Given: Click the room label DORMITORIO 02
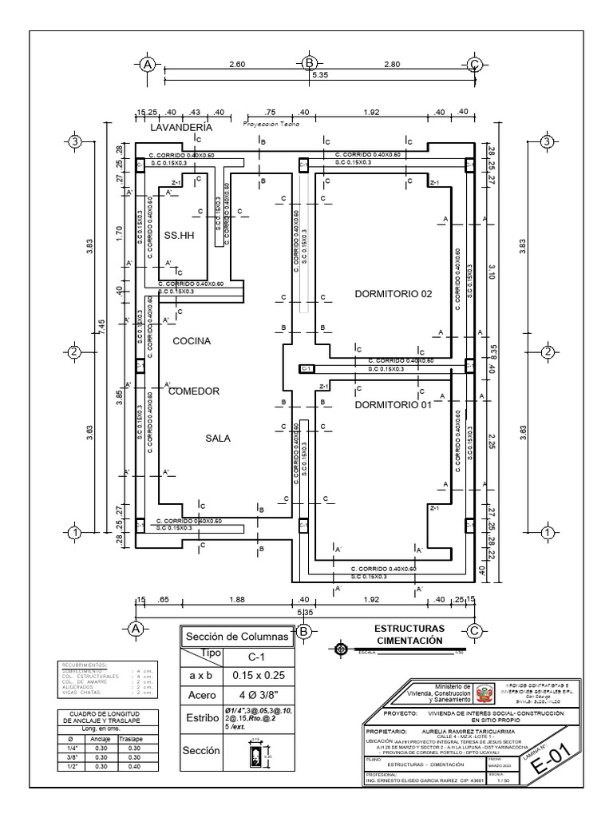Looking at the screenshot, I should coord(393,294).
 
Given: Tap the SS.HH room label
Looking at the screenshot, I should coord(180,236).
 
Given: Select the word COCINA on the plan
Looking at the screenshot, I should coord(192,341).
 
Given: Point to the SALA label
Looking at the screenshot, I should coord(218,438).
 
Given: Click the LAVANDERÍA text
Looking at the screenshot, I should coord(181,127).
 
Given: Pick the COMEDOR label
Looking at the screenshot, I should coord(193,391).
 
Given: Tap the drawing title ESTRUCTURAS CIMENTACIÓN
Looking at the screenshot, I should coord(409,635).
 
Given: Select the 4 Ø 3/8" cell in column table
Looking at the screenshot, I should coord(259,696).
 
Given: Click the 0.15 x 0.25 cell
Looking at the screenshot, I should coord(259,676).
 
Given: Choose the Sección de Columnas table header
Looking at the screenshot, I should coord(236,637).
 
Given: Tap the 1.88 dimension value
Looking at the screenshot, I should coord(236,599).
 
